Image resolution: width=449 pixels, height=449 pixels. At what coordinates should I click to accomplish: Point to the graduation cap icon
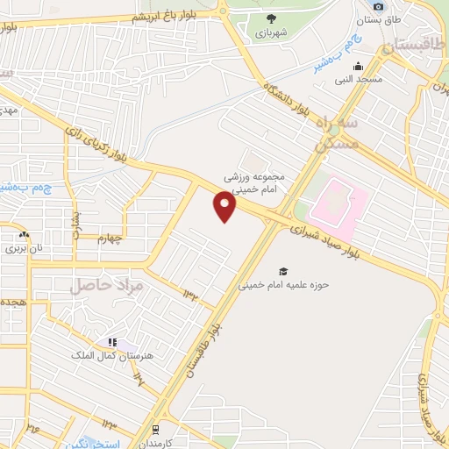click(x=283, y=271)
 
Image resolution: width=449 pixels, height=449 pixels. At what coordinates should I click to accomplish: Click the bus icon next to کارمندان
click(x=155, y=429)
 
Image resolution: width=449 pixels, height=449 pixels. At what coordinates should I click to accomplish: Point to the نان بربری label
click(x=25, y=248)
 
